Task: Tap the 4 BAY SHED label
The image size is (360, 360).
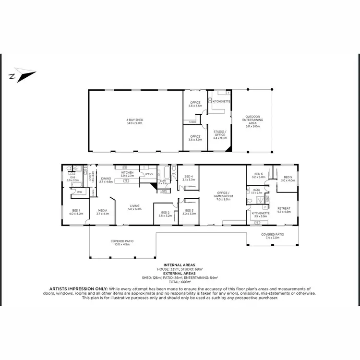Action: (135, 120)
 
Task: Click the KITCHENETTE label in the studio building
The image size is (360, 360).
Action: (221, 102)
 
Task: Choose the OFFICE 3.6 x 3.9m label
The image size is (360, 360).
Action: (195, 138)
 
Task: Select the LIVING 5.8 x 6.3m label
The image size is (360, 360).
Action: (134, 207)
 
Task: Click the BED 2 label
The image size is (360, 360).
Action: (166, 214)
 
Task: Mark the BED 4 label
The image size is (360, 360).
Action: (189, 178)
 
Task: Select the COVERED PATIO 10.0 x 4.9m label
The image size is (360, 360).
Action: (122, 242)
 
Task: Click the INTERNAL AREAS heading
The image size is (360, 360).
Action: (180, 264)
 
